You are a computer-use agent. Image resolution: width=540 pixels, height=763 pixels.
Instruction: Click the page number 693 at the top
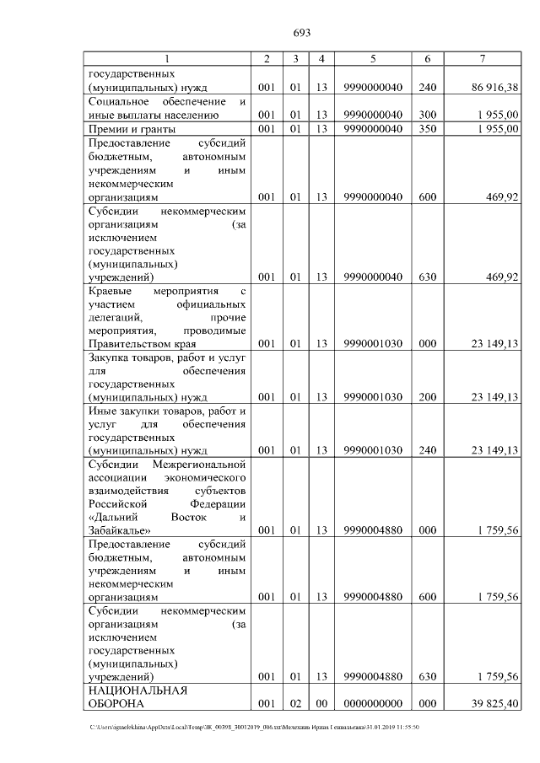pos(302,33)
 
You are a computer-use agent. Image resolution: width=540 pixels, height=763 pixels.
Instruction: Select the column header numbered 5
pos(373,58)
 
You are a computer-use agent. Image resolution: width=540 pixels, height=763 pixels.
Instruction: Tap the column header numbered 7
pos(482,58)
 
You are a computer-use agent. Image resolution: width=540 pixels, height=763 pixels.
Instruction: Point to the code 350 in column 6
pos(428,128)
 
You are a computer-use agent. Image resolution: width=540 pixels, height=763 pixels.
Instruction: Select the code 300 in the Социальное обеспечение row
pos(428,116)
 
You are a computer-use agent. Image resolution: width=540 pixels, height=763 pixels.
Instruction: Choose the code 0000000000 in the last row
pos(373,703)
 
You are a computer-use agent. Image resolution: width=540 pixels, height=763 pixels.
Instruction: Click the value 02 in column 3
pos(295,703)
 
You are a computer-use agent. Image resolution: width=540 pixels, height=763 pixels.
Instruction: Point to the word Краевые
pos(111,291)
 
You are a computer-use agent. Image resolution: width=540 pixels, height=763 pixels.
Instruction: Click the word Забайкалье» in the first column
pos(120,530)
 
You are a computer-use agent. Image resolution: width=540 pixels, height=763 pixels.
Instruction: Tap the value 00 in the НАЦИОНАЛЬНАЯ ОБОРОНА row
pos(321,703)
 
